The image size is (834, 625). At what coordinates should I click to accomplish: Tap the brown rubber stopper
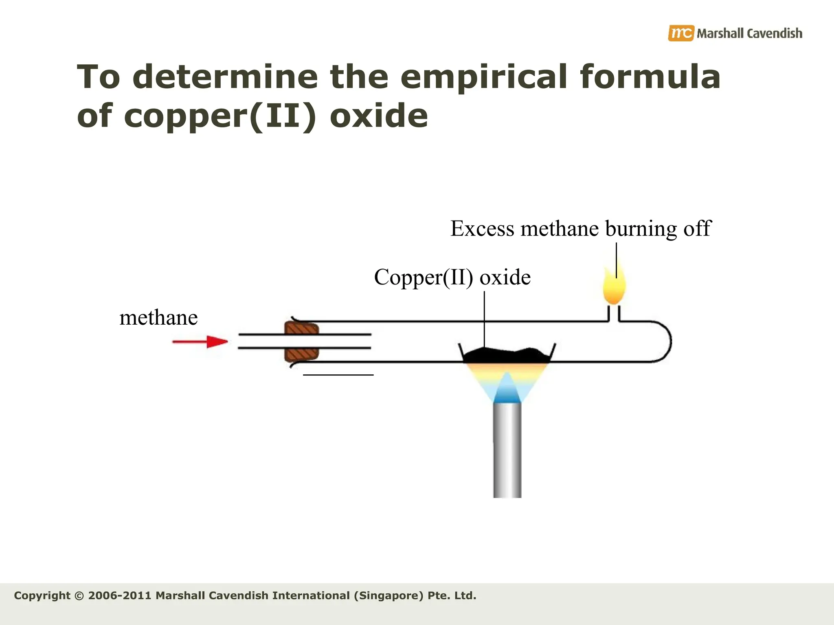point(301,342)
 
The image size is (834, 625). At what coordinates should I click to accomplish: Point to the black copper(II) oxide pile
point(507,356)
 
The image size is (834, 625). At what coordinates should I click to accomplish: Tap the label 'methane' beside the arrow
point(158,318)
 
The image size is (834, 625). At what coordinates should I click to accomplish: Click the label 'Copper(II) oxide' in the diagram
point(452,278)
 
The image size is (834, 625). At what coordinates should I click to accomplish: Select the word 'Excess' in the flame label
point(482,228)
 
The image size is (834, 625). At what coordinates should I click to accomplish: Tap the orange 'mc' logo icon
point(680,33)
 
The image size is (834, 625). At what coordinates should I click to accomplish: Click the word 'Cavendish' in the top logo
point(775,33)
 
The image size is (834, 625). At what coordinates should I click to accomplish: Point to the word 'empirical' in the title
point(484,77)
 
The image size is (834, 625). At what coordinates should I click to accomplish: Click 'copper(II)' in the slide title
point(220,116)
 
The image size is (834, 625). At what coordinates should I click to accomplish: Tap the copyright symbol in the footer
point(79,596)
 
